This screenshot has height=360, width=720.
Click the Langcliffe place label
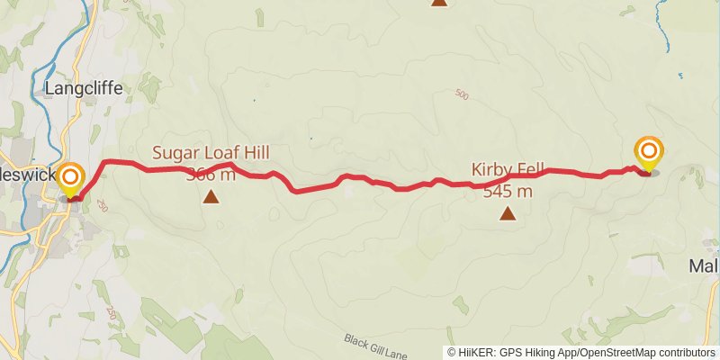tap(82, 88)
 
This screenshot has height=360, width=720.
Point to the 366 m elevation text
tap(211, 174)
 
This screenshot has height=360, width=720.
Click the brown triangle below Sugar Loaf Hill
tap(211, 196)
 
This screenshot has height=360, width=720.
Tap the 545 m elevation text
tap(508, 191)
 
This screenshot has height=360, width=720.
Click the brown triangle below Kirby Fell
tap(508, 213)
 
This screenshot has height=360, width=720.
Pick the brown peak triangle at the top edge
tap(438, 2)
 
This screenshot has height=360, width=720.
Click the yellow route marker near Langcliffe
tap(70, 177)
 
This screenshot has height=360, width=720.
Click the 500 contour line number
tap(463, 94)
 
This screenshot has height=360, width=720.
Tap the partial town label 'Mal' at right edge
tap(703, 266)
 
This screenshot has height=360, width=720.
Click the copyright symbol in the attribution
tap(452, 353)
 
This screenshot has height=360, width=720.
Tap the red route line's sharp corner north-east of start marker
tap(106, 162)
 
